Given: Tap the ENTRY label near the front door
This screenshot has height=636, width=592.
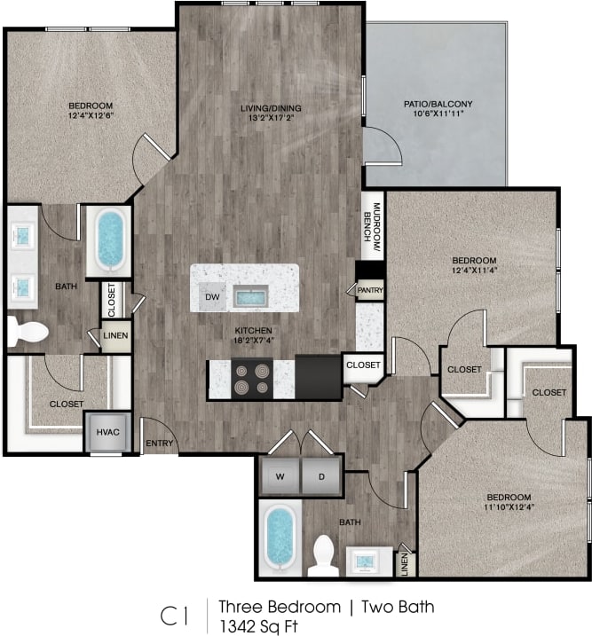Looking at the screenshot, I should pos(159,444).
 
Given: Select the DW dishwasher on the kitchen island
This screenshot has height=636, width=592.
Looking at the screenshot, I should pos(211,298).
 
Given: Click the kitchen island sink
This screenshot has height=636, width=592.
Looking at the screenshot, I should pos(251,295).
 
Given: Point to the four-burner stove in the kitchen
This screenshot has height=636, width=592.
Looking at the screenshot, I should pos(251,379).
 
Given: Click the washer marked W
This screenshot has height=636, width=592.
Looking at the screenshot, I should pos(280,476).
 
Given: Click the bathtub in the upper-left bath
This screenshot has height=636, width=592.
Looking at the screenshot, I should pos(110,239).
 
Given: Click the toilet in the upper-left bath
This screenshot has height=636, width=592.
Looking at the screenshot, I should pos(27,332).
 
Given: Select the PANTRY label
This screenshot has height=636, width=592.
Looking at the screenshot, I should pos(369,290).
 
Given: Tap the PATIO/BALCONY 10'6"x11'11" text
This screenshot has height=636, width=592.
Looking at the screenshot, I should pos(438,110).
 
